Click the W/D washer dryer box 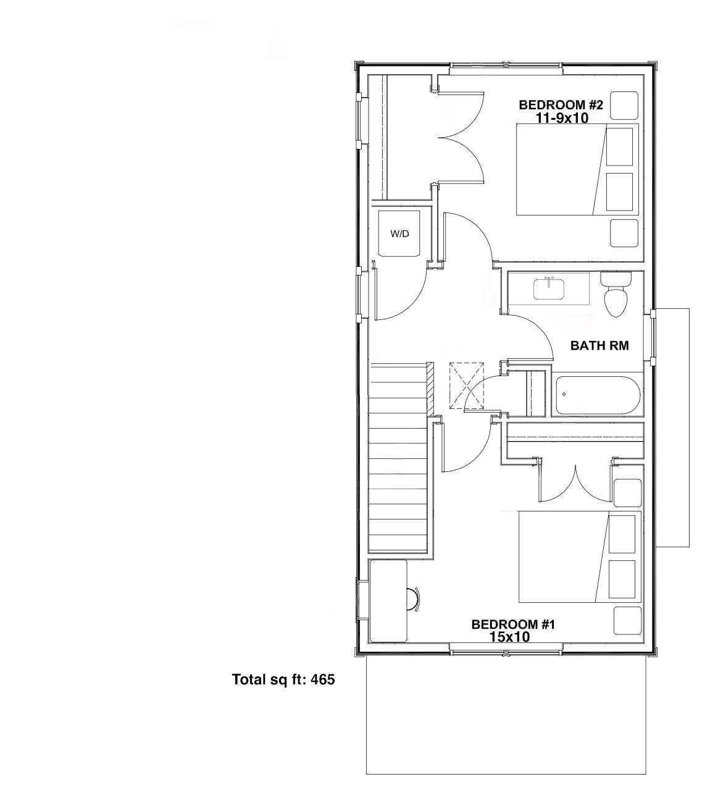coord(399,233)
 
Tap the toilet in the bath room coord(616,296)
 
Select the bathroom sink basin coord(549,289)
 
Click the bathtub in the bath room coord(597,395)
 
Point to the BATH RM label coord(599,346)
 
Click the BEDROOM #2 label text coord(560,104)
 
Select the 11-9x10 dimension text coord(561,117)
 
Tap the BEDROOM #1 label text coord(512,624)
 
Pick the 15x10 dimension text coord(509,637)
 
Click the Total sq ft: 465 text coord(283,679)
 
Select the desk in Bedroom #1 coord(388,600)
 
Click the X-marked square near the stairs coord(467,385)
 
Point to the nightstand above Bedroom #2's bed coord(624,106)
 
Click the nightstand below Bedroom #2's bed coord(624,233)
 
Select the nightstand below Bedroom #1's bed coord(627,620)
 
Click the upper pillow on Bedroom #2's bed coord(619,146)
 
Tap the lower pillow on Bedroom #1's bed coord(622,579)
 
